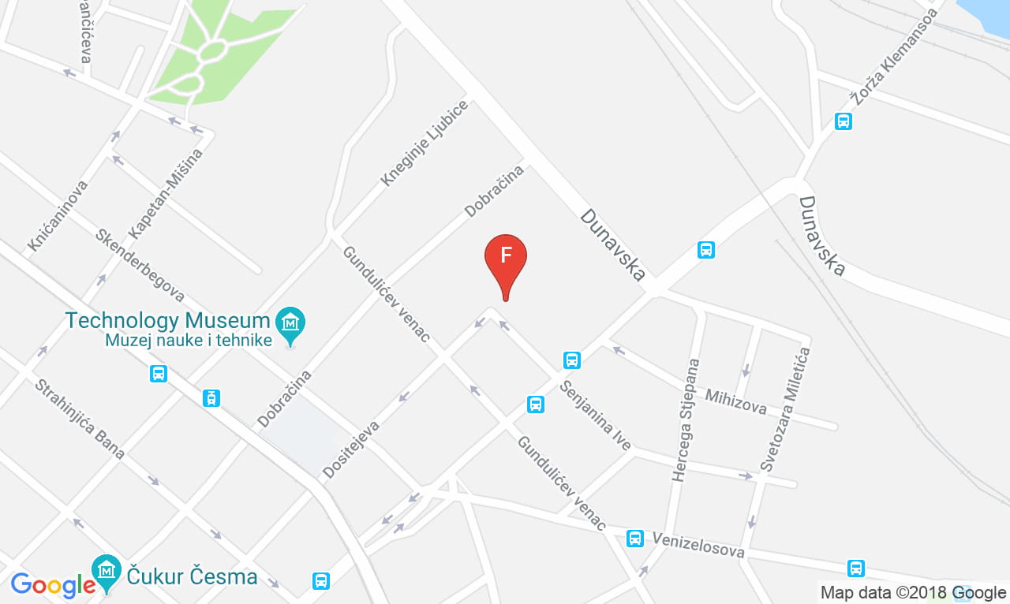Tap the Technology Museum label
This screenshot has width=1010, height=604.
pyautogui.click(x=167, y=320)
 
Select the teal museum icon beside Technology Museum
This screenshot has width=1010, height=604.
pyautogui.click(x=290, y=323)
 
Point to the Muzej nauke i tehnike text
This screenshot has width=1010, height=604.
pyautogui.click(x=189, y=340)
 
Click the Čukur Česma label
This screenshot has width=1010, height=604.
pyautogui.click(x=192, y=576)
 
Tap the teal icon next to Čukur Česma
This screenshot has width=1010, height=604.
pyautogui.click(x=106, y=569)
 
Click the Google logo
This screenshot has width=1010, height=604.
pyautogui.click(x=52, y=584)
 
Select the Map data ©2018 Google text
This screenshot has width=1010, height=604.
pyautogui.click(x=913, y=592)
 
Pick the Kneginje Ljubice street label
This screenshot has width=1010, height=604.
pyautogui.click(x=424, y=143)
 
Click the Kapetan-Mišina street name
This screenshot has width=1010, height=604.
pyautogui.click(x=166, y=193)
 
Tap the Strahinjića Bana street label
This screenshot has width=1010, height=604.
pyautogui.click(x=80, y=419)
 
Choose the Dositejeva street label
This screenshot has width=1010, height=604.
pyautogui.click(x=351, y=449)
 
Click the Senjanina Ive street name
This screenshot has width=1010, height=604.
pyautogui.click(x=596, y=416)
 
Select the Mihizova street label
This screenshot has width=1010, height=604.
pyautogui.click(x=736, y=401)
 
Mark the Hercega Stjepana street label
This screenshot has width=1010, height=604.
pyautogui.click(x=686, y=420)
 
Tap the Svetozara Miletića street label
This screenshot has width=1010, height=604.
pyautogui.click(x=784, y=410)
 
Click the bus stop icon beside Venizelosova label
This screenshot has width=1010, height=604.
pyautogui.click(x=634, y=539)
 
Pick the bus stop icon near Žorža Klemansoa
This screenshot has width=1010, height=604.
pyautogui.click(x=844, y=121)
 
